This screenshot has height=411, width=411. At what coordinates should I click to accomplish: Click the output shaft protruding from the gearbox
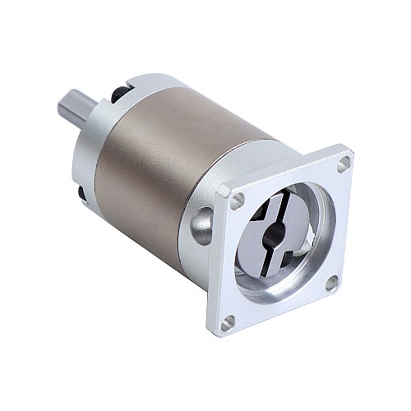pyautogui.click(x=76, y=109)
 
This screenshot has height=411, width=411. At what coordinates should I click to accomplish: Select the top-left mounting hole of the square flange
pyautogui.click(x=238, y=199)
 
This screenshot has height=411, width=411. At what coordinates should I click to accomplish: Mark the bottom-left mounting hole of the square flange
pyautogui.click(x=229, y=321)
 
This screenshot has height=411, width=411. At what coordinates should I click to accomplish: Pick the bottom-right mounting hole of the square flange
pyautogui.click(x=330, y=282)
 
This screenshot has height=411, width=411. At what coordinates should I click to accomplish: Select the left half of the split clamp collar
pyautogui.click(x=251, y=238)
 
